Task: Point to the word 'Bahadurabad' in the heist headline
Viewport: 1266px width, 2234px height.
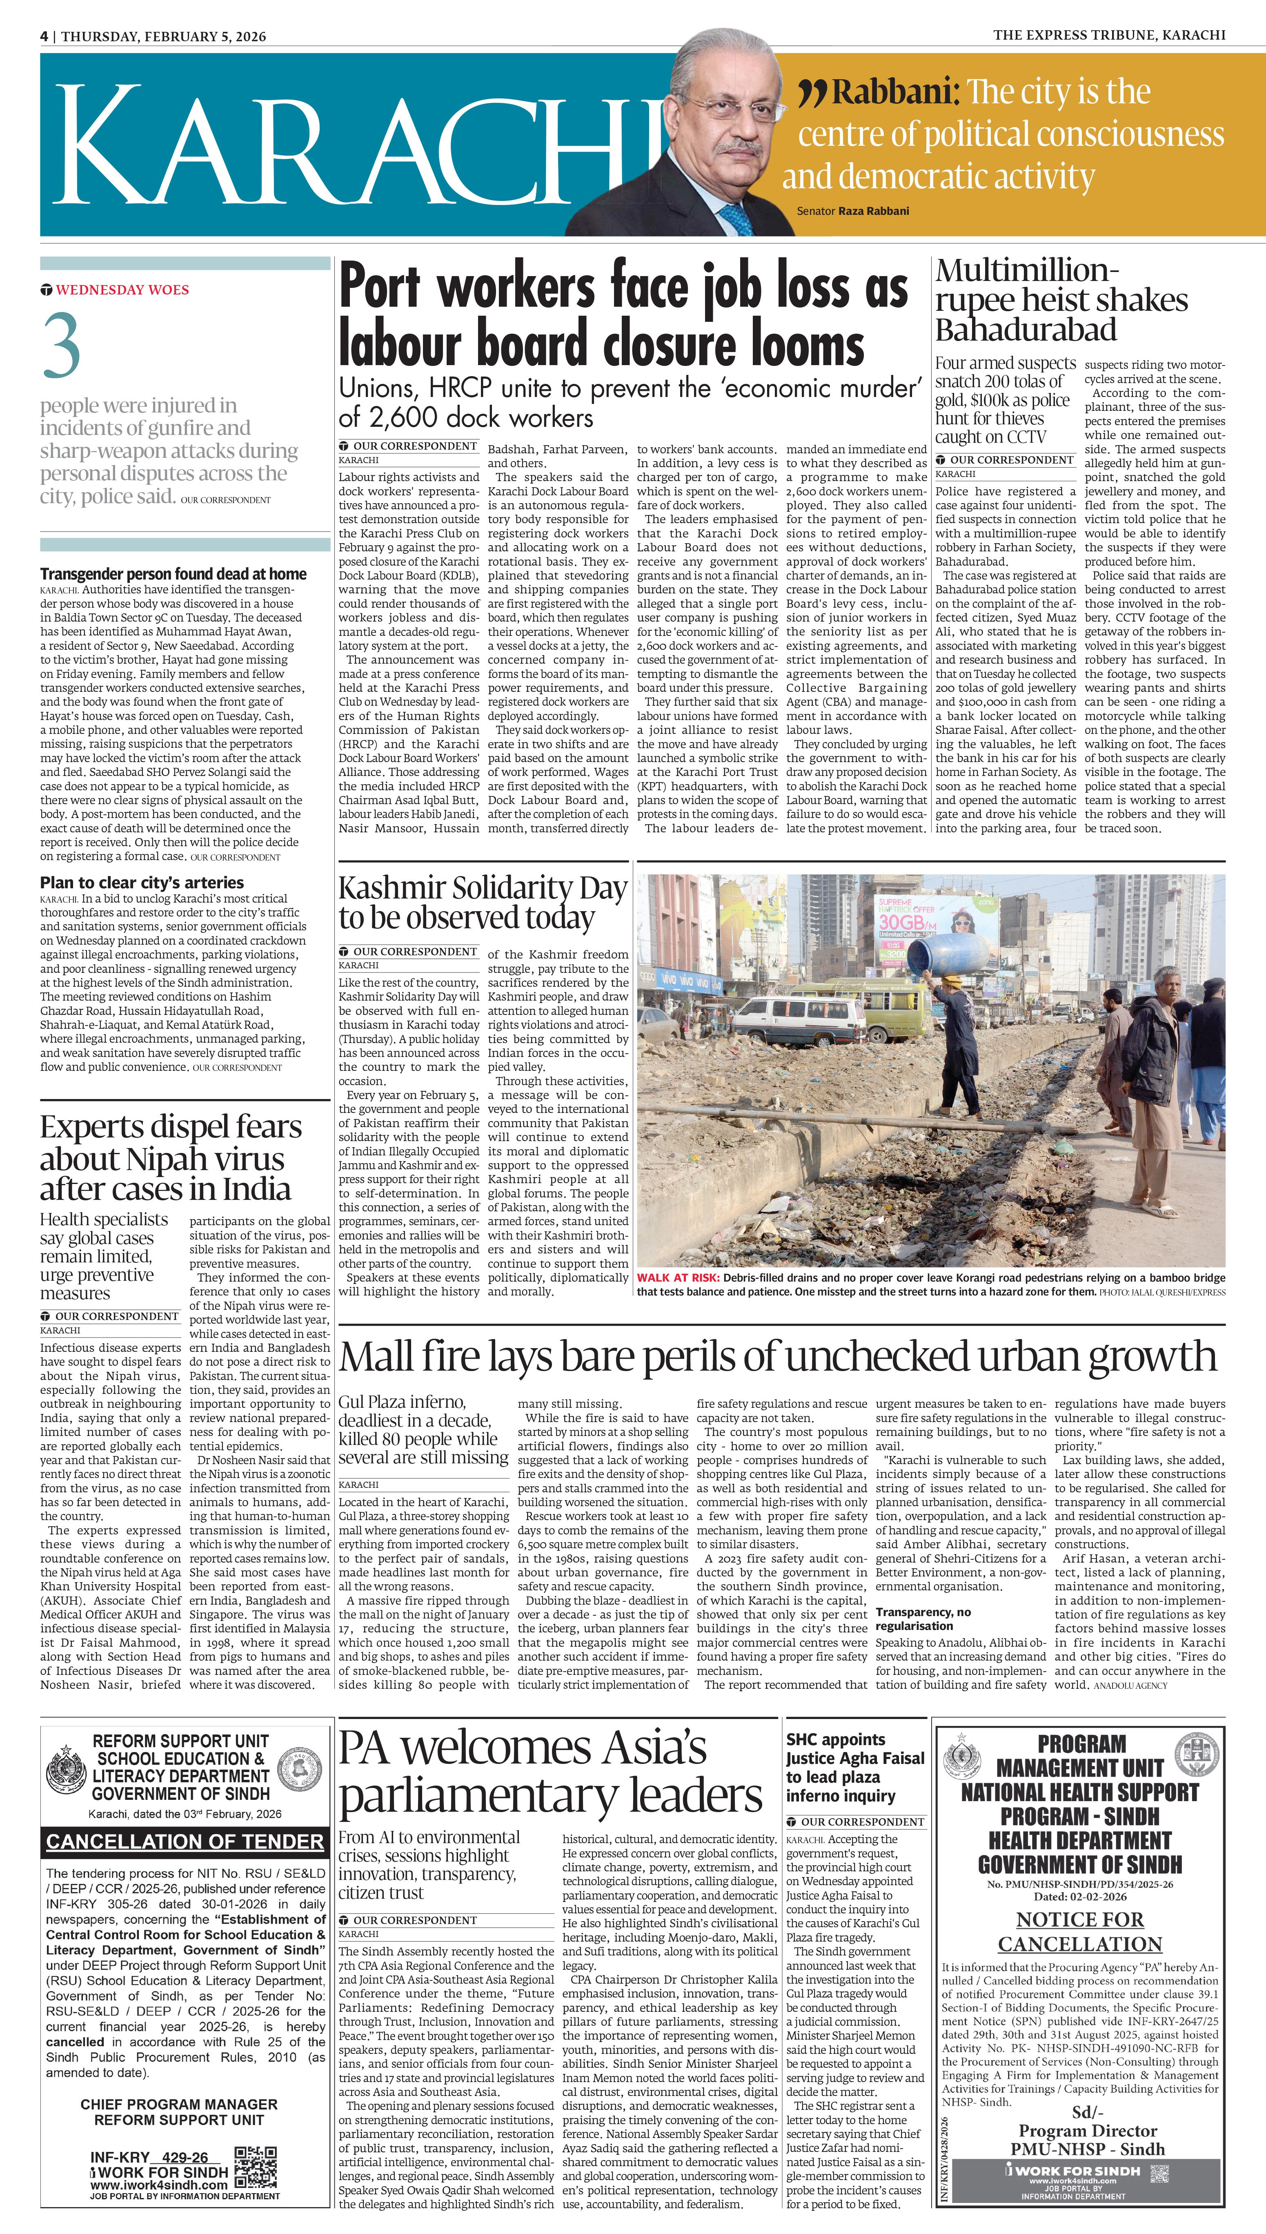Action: click(x=1026, y=330)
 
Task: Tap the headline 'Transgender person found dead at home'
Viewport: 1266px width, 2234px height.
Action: click(x=173, y=574)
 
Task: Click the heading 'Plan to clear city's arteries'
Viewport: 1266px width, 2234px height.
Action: click(x=142, y=882)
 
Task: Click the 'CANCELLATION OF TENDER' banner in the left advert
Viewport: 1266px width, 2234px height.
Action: click(x=185, y=1841)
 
